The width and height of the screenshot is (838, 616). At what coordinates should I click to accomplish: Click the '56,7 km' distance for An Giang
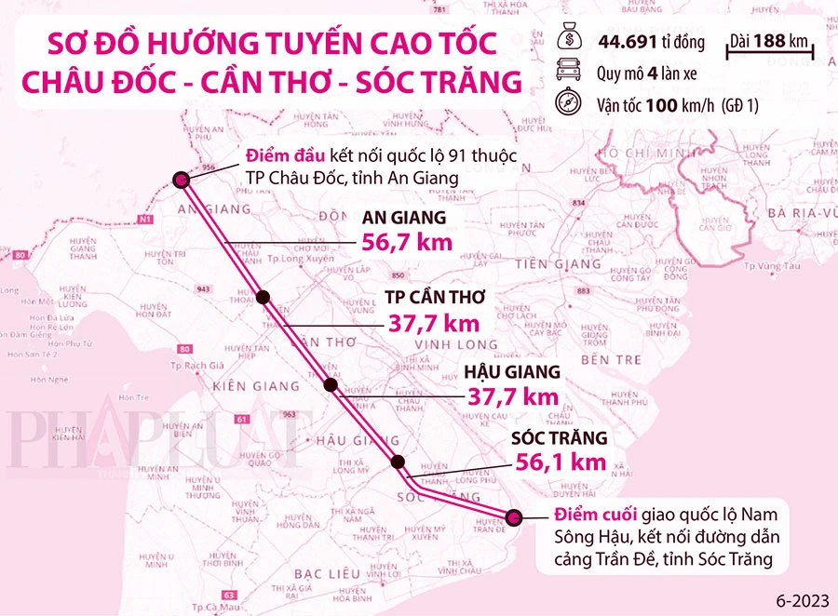coord(406,243)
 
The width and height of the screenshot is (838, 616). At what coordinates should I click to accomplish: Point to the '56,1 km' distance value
coord(561,461)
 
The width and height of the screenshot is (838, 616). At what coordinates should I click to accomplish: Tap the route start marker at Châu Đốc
coord(181,180)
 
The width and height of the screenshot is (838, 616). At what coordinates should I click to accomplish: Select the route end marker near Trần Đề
coord(513,517)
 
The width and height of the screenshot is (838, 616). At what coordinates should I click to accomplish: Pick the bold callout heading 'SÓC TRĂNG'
coord(560,436)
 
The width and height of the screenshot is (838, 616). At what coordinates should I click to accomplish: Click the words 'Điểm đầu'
coord(278,155)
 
